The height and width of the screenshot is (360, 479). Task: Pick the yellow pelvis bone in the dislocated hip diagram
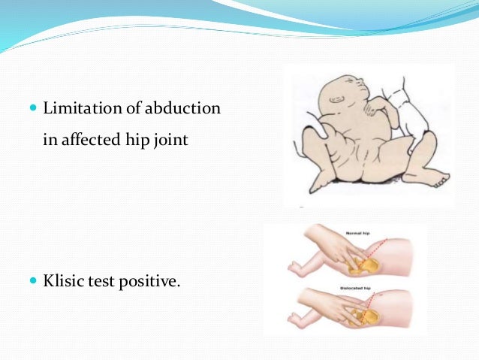[368, 316]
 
